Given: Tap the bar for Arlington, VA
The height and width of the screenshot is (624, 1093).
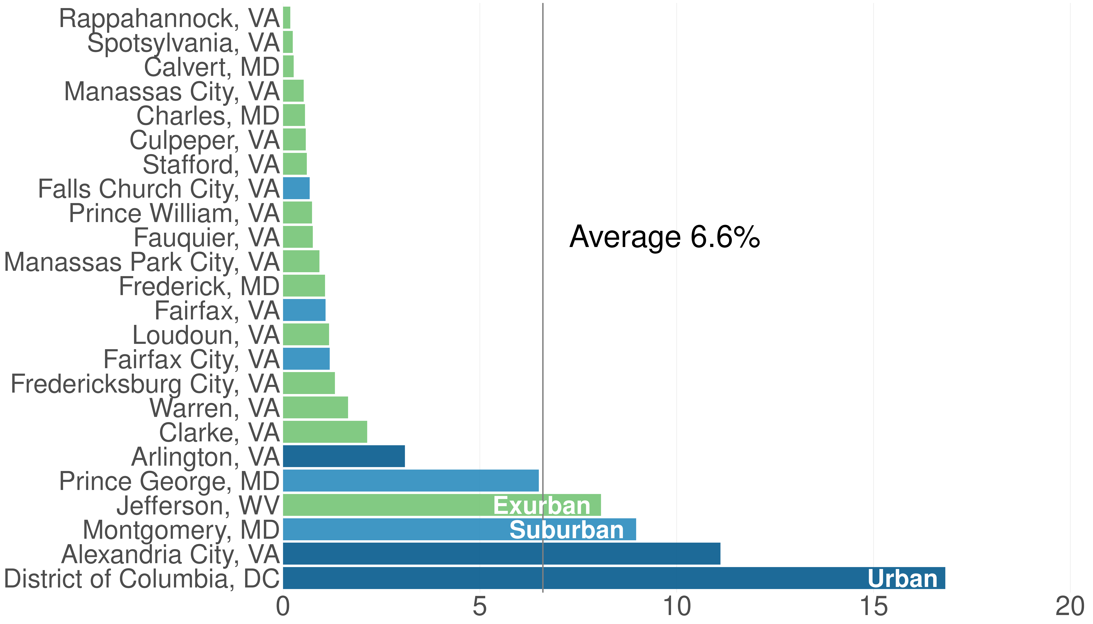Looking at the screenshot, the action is [344, 456].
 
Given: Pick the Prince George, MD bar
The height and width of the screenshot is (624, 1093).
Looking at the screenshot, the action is [411, 480].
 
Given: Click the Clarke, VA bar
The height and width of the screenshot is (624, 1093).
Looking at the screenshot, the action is [325, 432].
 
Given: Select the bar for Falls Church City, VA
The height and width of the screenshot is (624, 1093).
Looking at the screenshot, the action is [296, 188].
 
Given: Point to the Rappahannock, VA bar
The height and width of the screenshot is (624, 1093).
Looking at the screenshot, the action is [287, 18].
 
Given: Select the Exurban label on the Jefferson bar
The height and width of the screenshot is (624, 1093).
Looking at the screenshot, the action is [542, 506].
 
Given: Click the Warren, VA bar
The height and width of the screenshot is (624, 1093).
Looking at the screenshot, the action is [315, 407].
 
